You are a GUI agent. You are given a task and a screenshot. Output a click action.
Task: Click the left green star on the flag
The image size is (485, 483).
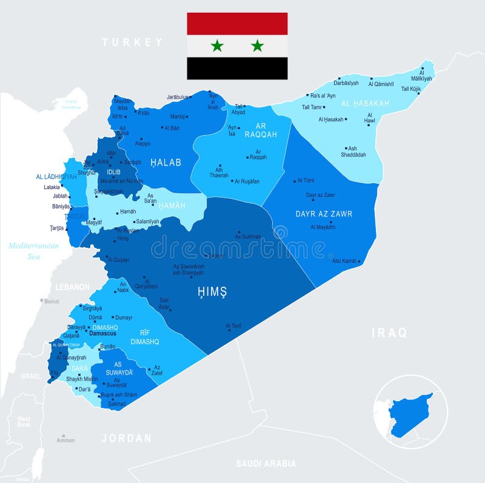point(217,45)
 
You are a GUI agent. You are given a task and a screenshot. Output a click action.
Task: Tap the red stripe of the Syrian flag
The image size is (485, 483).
point(237,23)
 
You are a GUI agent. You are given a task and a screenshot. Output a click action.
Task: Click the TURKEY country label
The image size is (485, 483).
point(132,42)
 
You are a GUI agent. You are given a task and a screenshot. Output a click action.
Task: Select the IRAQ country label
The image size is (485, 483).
point(389,333)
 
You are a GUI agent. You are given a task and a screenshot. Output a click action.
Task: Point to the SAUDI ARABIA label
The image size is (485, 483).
point(266,464)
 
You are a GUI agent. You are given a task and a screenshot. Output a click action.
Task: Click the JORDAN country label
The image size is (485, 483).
point(127,438)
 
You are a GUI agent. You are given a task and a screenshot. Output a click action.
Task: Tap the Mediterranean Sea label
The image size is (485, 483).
point(33,251)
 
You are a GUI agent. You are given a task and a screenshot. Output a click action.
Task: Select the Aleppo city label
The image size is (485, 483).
point(142,143)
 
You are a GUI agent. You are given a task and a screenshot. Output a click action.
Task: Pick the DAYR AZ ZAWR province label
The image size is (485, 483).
point(324,214)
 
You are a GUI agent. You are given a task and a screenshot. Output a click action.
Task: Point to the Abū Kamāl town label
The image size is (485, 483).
point(344,261)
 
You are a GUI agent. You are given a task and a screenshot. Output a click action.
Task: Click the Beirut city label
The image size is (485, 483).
point(52,301)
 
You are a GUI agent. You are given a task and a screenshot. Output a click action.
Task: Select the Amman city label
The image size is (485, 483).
point(66,441)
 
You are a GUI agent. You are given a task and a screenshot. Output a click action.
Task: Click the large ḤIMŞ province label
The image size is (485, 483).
point(212,293)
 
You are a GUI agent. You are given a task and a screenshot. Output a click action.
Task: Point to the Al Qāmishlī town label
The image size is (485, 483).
point(381,84)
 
